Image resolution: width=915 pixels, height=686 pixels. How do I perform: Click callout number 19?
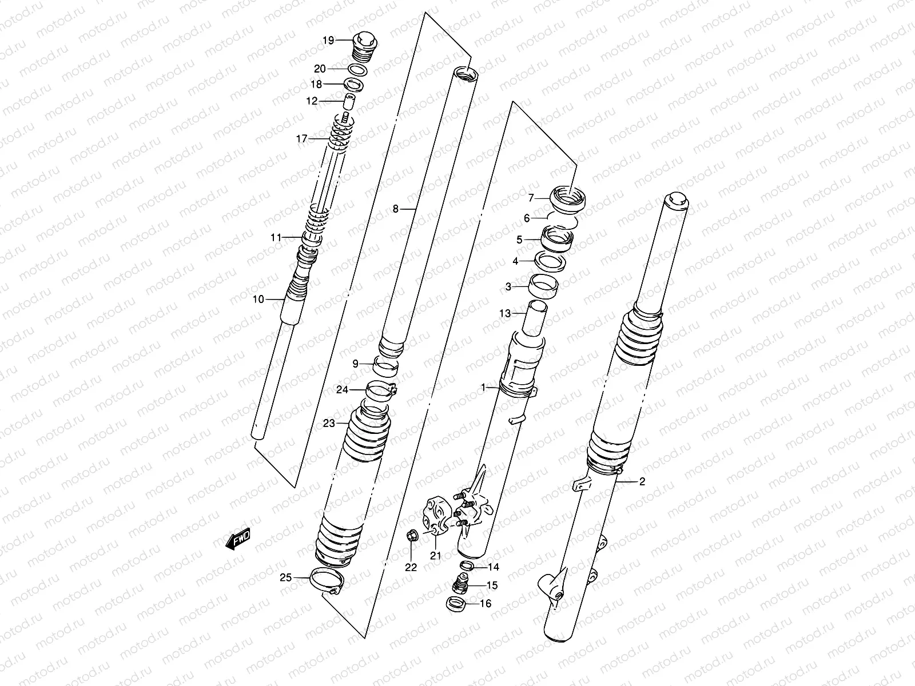[328, 40]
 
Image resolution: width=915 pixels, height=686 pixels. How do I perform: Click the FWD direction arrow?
[238, 539]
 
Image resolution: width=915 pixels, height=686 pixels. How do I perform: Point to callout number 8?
[396, 209]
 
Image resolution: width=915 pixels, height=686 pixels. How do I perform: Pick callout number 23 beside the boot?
[329, 424]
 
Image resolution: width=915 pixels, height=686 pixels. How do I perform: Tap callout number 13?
[504, 313]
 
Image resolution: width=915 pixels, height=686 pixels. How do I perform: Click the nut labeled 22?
[411, 537]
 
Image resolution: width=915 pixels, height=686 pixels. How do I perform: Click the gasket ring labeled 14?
[467, 567]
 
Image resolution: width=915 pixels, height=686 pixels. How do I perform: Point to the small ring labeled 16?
[455, 603]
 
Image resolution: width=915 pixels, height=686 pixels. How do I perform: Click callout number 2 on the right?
[642, 482]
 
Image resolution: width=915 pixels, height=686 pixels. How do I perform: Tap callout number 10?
[258, 299]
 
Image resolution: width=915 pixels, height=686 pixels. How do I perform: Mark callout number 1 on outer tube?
[483, 388]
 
